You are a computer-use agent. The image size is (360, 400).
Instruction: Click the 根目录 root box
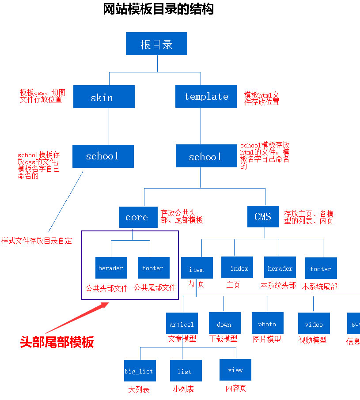[156, 44]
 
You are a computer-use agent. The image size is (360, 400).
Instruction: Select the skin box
[104, 97]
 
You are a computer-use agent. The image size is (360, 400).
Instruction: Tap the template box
[206, 96]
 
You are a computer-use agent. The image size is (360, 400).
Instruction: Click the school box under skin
[103, 156]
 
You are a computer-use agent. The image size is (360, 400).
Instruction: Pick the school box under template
[206, 156]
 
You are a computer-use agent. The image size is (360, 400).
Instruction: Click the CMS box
[263, 216]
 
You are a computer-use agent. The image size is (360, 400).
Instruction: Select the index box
[237, 268]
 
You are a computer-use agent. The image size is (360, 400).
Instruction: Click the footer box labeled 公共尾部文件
[153, 268]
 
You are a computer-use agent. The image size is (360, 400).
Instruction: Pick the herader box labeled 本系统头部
[280, 268]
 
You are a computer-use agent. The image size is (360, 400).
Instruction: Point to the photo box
[267, 323]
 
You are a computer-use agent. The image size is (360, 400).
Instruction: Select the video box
[314, 324]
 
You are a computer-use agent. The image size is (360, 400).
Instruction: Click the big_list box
[139, 370]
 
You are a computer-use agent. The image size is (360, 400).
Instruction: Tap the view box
[235, 370]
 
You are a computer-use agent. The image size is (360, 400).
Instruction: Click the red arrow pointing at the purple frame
[77, 317]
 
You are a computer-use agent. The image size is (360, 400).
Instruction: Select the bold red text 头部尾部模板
[57, 342]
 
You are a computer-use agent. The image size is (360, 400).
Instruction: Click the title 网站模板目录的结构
[158, 9]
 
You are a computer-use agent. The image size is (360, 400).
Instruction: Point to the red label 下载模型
[223, 339]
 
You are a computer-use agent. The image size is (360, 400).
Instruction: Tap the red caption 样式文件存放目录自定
[36, 241]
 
